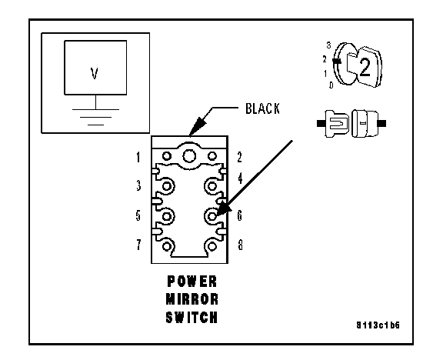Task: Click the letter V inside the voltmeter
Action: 95,73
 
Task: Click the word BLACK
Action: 262,108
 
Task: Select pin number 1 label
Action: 138,158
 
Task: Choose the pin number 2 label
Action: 240,158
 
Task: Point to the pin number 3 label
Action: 138,185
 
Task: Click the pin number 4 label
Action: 240,178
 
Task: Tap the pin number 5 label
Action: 138,215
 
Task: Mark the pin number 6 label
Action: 240,215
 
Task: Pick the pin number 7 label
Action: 138,245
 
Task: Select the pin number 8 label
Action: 240,245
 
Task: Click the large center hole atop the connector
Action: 189,156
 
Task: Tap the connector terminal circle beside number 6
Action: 212,216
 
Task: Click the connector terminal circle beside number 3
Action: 167,186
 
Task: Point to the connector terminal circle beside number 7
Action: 167,246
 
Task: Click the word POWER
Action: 192,282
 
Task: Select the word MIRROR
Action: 192,299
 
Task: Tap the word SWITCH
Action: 192,317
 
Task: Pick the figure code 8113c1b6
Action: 378,325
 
